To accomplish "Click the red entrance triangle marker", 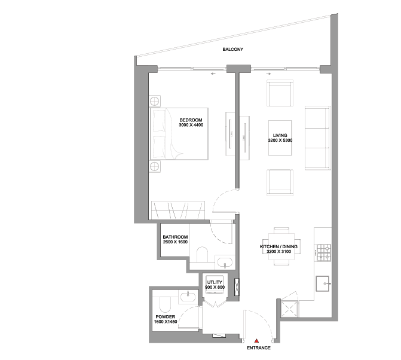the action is [x=256, y=340].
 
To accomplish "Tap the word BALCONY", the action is [x=232, y=50].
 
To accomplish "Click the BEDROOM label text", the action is [x=191, y=120].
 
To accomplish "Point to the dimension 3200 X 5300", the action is [x=280, y=140].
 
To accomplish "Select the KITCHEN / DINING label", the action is [x=278, y=246].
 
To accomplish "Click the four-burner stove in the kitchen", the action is [x=324, y=253].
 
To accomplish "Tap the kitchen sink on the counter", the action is [x=323, y=283].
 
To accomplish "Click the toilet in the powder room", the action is [x=165, y=304].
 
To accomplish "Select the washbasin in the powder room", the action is [x=188, y=297].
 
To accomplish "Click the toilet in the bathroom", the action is [x=202, y=255].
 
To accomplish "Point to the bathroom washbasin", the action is [x=225, y=263].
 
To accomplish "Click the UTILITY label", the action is [x=215, y=282].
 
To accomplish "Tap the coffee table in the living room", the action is [x=280, y=138].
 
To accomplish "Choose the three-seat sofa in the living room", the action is [x=317, y=138].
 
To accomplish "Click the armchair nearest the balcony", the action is [x=280, y=93].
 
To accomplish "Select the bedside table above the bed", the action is [x=155, y=101].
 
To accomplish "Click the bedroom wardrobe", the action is [x=178, y=210].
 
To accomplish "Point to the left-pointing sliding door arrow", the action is [x=213, y=74].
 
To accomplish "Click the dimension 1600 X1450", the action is [x=165, y=322].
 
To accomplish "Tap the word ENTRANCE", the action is [x=259, y=348].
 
